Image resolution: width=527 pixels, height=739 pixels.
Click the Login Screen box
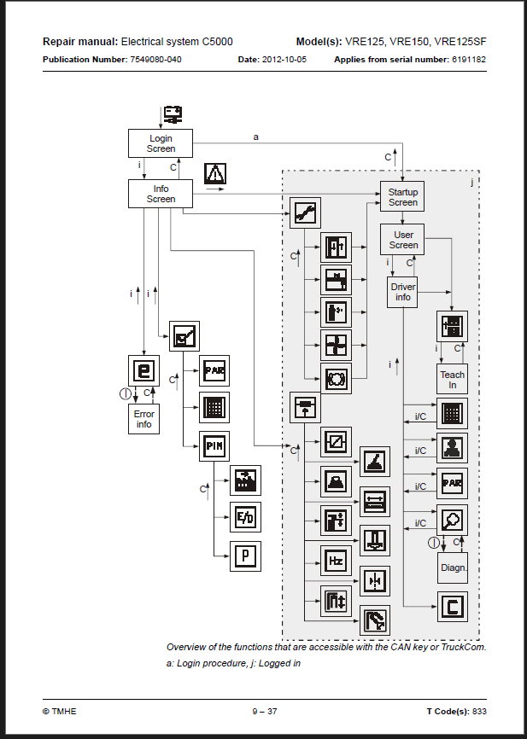[x=161, y=143]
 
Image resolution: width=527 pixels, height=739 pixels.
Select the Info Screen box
[x=161, y=194]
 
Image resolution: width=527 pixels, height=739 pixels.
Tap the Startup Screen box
[x=402, y=196]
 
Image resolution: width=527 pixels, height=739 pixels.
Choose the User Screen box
[x=402, y=240]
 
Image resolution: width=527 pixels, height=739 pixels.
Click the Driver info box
[x=402, y=292]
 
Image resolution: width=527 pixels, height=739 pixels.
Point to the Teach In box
[x=452, y=379]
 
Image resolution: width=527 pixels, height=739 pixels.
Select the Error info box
[x=143, y=419]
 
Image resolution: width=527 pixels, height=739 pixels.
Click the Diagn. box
[x=453, y=568]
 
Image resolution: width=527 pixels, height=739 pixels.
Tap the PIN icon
[x=214, y=446]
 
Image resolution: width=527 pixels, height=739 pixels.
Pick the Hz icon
[x=336, y=561]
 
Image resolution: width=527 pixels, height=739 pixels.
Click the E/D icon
[x=245, y=517]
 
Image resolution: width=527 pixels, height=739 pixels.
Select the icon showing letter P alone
[x=245, y=556]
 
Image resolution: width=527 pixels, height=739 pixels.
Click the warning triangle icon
[x=215, y=173]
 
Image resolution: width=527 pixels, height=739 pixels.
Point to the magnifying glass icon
[x=452, y=521]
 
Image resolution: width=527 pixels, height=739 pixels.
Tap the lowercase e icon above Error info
[x=143, y=370]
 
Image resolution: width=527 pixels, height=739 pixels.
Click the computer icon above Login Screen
[x=173, y=114]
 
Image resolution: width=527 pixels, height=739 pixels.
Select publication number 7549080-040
[x=155, y=60]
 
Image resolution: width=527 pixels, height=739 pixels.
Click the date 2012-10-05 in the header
[x=284, y=60]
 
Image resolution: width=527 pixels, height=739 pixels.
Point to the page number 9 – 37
[x=265, y=711]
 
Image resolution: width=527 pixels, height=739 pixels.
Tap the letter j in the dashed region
[x=471, y=182]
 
